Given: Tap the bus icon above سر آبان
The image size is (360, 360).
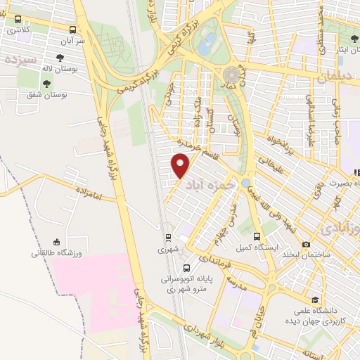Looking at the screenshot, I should [x=74, y=30].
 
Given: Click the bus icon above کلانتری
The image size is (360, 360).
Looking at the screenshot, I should [x=13, y=20].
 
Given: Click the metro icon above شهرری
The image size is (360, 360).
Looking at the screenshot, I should [x=168, y=238].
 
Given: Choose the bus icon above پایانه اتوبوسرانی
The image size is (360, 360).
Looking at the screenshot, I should [x=187, y=268].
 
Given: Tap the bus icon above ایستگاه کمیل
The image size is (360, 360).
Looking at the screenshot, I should [x=257, y=237].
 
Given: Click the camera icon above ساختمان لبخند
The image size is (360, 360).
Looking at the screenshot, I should [x=306, y=244].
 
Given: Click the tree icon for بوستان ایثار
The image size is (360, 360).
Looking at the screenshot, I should [x=352, y=39].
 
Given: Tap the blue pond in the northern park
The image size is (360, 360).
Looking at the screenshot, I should [x=206, y=46].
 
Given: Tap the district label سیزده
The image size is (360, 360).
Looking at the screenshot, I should [x=20, y=59].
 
